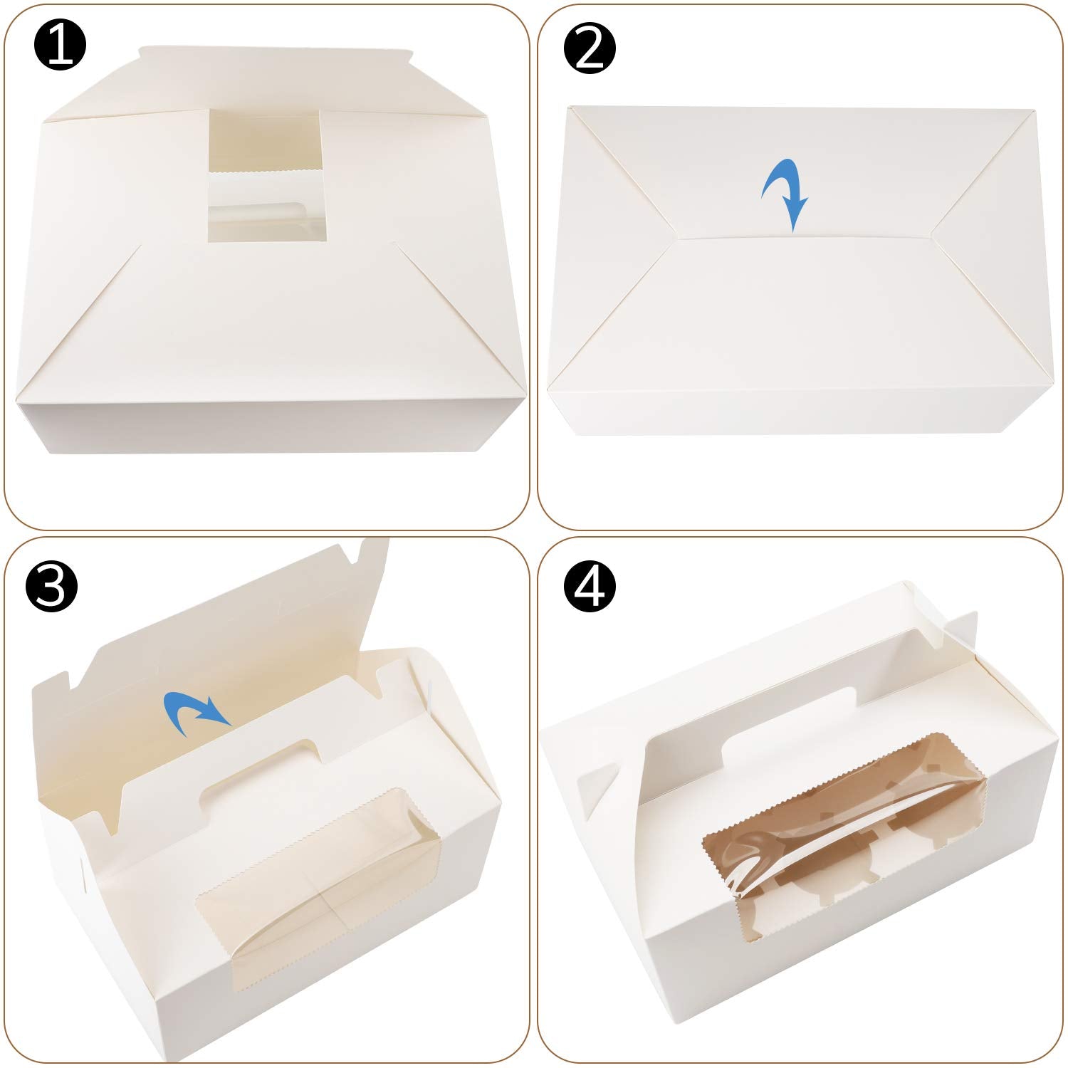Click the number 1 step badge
tap(60, 44)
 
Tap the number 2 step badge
tap(590, 48)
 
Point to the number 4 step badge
tap(590, 587)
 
